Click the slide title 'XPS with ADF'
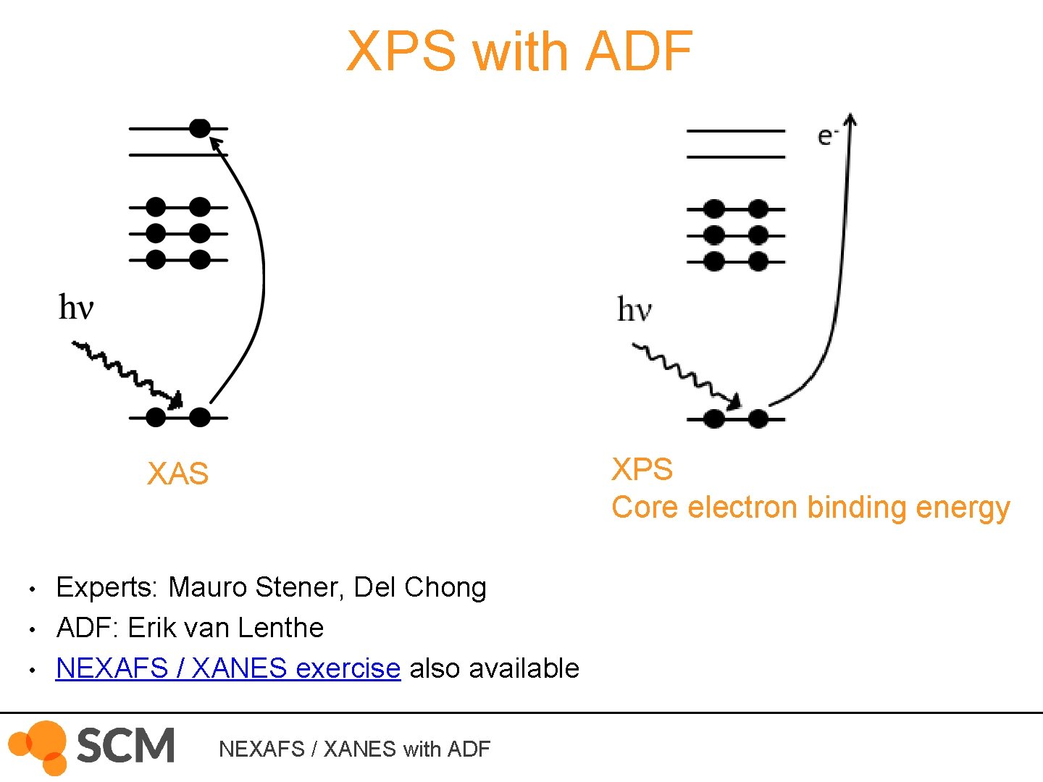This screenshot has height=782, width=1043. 519,51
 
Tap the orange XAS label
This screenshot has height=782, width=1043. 177,474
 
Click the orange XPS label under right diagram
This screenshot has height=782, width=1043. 642,469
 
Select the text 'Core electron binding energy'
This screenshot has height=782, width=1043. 810,507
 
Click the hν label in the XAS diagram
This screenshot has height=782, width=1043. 76,307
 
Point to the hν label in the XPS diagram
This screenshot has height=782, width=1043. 634,310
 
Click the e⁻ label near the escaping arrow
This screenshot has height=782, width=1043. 826,136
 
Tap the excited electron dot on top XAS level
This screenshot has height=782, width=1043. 200,128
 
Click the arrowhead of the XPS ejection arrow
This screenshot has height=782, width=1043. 851,120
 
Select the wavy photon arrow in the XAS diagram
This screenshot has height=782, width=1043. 127,372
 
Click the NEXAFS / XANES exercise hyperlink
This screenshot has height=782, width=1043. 227,668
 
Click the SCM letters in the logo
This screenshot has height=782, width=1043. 125,745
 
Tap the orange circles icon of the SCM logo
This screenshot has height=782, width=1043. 40,747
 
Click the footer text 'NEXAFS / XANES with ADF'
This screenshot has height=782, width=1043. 354,749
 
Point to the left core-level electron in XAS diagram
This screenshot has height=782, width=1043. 156,417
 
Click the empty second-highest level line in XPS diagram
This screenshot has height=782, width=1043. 735,156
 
